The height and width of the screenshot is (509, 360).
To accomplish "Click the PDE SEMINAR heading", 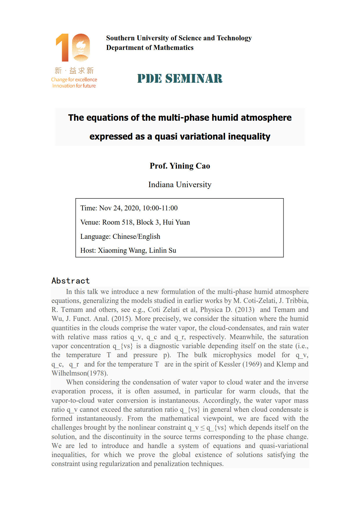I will [180, 79].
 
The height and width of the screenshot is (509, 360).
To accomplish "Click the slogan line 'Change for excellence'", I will [74, 80].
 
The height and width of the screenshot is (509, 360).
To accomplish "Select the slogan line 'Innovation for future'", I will [74, 86].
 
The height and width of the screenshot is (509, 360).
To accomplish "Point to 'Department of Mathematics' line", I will [150, 48].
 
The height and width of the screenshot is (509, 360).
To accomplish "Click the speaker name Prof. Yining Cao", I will [180, 166].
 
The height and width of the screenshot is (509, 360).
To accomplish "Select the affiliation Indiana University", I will [180, 185].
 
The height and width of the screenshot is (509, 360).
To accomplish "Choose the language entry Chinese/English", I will [136, 237].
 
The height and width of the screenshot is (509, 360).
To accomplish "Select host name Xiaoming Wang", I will [122, 250].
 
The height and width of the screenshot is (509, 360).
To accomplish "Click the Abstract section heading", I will [71, 281].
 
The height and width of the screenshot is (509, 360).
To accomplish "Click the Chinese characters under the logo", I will [74, 71].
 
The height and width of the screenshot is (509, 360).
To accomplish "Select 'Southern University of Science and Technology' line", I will [179, 38].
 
